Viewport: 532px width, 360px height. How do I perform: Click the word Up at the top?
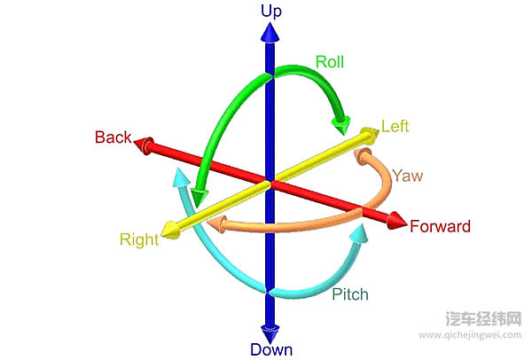coord(270,11)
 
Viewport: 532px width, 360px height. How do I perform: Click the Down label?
coord(270,349)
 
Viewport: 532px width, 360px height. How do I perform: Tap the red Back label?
coord(113,137)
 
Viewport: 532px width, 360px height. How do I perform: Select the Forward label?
coord(440,226)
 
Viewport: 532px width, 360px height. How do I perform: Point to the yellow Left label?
coord(395,127)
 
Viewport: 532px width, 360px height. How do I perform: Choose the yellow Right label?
coord(139,239)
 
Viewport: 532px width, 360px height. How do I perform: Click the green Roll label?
coord(330,62)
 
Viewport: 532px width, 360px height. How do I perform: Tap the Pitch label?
coord(349,293)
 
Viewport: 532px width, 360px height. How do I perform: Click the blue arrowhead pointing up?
coord(270,34)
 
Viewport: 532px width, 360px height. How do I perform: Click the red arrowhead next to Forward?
coord(395,221)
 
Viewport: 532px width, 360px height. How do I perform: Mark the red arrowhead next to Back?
coord(145,144)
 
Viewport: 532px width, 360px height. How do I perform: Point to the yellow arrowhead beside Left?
coord(365,135)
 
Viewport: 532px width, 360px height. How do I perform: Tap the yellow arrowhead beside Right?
coord(173,231)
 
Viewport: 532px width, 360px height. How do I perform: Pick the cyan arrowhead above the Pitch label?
coord(358,234)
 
